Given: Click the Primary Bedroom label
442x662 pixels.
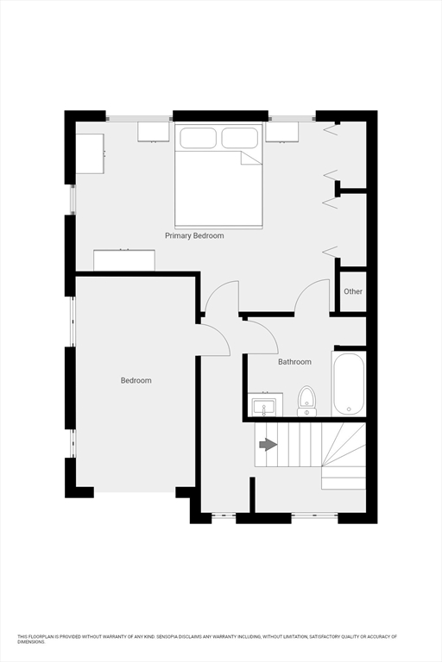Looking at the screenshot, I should [x=194, y=235].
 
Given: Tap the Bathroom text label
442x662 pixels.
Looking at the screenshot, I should [x=294, y=362].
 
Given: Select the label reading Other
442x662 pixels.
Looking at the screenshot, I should [x=353, y=291].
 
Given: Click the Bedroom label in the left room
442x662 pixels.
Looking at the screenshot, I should [x=136, y=380].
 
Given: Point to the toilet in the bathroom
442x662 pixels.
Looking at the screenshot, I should [x=306, y=401].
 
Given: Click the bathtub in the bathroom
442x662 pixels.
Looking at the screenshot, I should [x=349, y=383].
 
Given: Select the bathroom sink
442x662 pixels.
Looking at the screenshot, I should [x=264, y=403].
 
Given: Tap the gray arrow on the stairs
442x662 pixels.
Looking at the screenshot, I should [x=268, y=445].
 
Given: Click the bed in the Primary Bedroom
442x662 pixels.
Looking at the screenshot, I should [x=218, y=185].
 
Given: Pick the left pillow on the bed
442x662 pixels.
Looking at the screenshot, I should [x=197, y=138].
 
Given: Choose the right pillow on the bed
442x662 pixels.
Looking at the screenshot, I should [x=240, y=138].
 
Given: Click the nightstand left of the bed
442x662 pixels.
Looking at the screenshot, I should [x=154, y=131].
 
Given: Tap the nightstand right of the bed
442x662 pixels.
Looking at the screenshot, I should [x=281, y=131].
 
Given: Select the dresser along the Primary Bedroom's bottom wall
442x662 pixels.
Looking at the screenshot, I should [x=124, y=260].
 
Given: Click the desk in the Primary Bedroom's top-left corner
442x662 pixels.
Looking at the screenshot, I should [x=90, y=153].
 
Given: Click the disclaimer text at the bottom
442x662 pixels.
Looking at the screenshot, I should [x=207, y=639].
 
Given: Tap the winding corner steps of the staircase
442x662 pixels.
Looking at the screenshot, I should [x=345, y=453].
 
